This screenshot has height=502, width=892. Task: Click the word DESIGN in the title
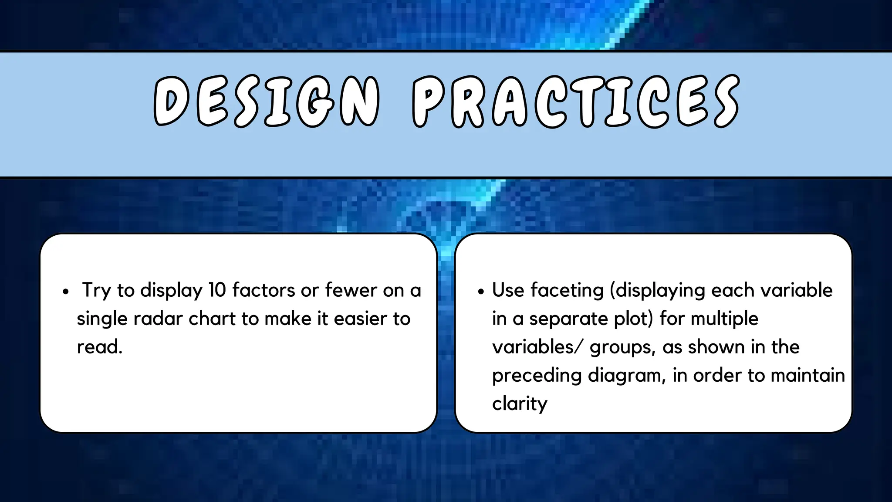(x=267, y=102)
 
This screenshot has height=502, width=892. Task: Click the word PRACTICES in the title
(x=576, y=102)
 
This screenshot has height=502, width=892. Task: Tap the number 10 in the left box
(x=216, y=290)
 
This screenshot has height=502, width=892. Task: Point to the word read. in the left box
(x=100, y=347)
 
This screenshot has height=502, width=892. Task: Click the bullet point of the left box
(x=66, y=292)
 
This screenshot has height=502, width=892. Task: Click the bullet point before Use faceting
(x=481, y=292)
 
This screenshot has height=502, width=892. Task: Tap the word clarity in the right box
(x=520, y=404)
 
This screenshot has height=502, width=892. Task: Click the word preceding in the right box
(x=537, y=376)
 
